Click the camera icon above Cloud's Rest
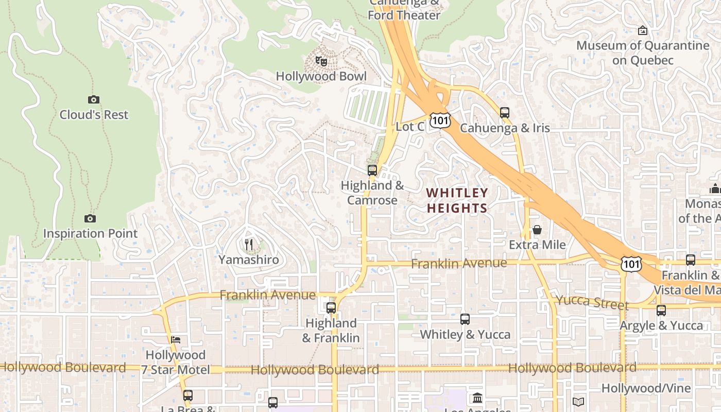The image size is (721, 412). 93,99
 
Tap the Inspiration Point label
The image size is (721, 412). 90,234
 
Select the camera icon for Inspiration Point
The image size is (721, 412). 90,219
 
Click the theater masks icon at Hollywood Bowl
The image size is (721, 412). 321,62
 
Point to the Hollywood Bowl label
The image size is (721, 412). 321,77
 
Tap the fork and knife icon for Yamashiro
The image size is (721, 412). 249,244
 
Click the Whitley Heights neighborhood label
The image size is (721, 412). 457,200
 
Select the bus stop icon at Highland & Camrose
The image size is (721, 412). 372,170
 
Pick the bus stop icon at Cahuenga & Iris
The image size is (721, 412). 505,112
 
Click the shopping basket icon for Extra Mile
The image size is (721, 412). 537,230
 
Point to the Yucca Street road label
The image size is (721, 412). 592,302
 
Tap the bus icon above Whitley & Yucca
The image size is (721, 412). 465,319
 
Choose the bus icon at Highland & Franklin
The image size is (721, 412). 331,308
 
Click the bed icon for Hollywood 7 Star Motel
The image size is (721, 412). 176,340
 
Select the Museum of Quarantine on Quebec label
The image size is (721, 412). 643,53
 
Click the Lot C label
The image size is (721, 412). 410,127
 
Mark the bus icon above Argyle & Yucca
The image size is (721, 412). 661,311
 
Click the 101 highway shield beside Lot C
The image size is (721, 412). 441,121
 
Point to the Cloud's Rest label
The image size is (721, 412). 94,115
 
